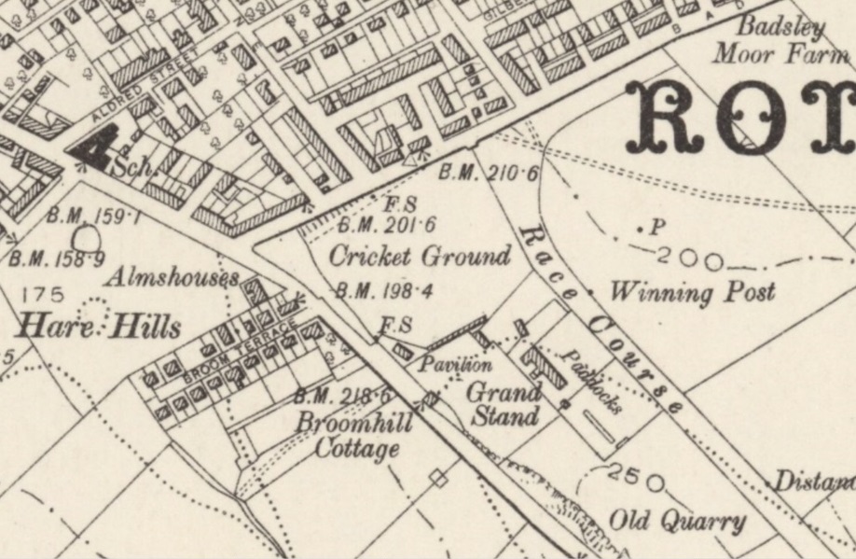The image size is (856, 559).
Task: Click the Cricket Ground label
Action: click(x=421, y=256)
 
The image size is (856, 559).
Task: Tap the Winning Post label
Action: click(x=692, y=292)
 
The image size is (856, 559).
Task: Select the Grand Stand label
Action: click(x=504, y=403)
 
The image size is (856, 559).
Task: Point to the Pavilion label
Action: click(x=454, y=364)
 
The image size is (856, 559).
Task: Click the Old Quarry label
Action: click(x=677, y=521)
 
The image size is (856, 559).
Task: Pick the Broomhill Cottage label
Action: click(x=355, y=436)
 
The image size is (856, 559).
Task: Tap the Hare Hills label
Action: click(x=99, y=328)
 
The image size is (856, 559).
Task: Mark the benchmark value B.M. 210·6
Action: click(x=490, y=173)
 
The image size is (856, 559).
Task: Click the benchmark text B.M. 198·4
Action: click(x=385, y=291)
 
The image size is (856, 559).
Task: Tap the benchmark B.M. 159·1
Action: click(x=94, y=217)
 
